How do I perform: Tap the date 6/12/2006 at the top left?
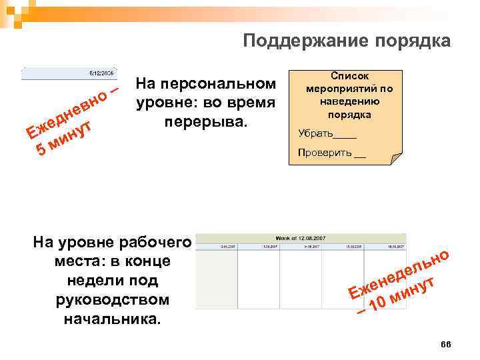pyautogui.click(x=101, y=72)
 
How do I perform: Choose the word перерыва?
pyautogui.click(x=205, y=123)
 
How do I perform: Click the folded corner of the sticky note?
pyautogui.click(x=395, y=160)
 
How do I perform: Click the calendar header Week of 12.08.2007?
pyautogui.click(x=301, y=238)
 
